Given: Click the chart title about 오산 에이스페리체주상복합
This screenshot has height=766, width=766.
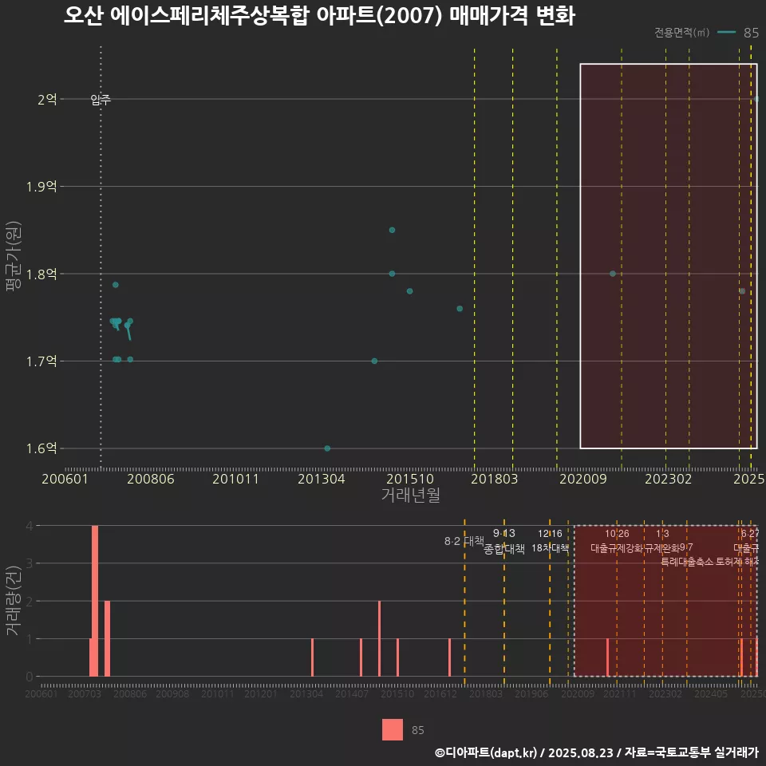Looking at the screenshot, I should [319, 16].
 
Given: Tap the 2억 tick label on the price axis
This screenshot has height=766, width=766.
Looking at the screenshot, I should [46, 99].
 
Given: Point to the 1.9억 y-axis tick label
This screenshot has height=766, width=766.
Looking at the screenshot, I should [41, 187].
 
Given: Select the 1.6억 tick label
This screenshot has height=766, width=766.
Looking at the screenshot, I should [41, 448].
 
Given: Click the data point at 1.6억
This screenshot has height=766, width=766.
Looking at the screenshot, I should [327, 448].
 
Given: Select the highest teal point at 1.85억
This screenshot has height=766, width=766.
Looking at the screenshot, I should [392, 230].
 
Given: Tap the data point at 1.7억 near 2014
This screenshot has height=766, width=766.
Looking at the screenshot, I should [374, 361].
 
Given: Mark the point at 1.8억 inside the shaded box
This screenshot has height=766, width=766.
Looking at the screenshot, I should [612, 274].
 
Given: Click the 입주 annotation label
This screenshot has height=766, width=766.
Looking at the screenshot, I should [101, 100].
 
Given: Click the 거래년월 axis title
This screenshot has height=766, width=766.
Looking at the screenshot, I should [410, 495].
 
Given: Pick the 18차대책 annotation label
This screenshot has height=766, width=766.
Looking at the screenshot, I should [550, 549].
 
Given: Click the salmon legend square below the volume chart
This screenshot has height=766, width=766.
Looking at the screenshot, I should [393, 729].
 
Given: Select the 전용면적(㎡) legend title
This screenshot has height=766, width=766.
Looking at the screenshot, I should [681, 33].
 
